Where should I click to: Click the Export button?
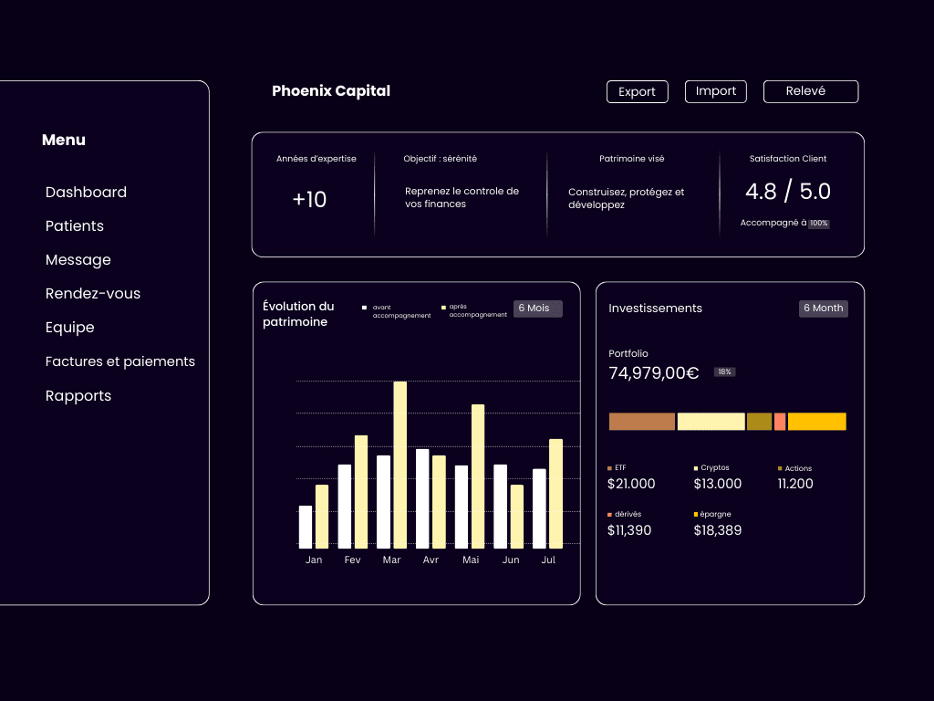coord(637,91)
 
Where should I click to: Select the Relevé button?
coord(810,91)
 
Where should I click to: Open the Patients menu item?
coord(75,226)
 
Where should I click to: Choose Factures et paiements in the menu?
coord(120,361)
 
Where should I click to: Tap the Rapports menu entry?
coord(78,396)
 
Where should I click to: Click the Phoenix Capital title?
coord(331,91)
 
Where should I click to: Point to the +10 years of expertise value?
coord(309,200)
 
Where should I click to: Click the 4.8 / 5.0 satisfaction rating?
coord(788,192)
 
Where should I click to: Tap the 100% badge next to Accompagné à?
coord(819,224)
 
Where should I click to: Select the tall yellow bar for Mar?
coord(400,464)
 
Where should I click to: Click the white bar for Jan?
coord(306,527)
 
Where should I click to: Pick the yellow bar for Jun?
coord(517,516)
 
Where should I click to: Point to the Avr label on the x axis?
coord(431,560)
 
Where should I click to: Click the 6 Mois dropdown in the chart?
coord(537,309)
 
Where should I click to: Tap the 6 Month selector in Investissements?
coord(824,309)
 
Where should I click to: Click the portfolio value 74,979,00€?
coord(653,372)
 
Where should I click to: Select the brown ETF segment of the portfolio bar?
coord(642,422)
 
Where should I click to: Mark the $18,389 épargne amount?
coord(717,530)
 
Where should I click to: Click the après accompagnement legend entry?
coord(475,310)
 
